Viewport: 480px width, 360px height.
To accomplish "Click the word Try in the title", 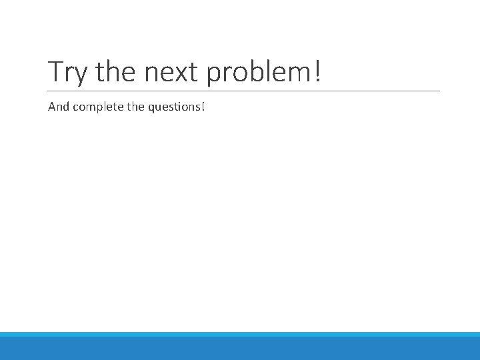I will (68, 72).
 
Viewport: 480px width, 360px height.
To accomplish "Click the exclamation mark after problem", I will (316, 71).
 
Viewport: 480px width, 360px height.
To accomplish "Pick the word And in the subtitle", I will (57, 106).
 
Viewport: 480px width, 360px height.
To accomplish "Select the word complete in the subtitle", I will (95, 106).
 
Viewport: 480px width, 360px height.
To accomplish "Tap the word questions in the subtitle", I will (173, 106).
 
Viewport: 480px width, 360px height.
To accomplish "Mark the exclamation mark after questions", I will (203, 106).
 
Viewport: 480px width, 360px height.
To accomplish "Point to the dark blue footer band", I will (240, 348).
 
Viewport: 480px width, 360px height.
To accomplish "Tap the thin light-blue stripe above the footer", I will (240, 334).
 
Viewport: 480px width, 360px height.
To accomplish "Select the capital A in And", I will (51, 106).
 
